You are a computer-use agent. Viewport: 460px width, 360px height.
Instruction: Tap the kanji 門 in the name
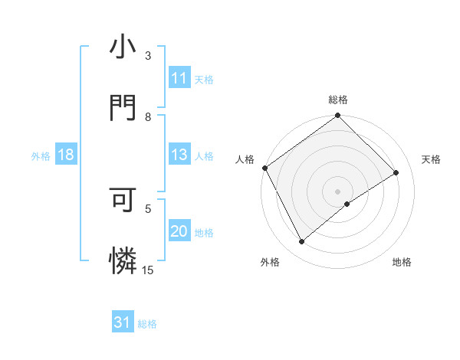tap(123, 107)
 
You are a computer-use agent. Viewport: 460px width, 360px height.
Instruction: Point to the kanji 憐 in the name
tap(123, 260)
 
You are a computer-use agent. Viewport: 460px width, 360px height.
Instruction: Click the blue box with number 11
tap(179, 78)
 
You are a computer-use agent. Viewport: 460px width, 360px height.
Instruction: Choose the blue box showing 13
tap(179, 155)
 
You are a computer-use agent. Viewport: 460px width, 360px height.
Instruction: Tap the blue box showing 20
tap(179, 232)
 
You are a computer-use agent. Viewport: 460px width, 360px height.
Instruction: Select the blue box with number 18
tap(66, 155)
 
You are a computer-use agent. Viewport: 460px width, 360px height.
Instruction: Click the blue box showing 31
tap(123, 322)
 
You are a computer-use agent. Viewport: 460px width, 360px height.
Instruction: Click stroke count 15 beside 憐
tap(148, 269)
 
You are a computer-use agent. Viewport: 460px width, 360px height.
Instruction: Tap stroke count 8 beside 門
tap(148, 117)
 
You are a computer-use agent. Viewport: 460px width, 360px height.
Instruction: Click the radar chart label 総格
tap(338, 100)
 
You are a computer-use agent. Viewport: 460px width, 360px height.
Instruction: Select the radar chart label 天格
tap(432, 159)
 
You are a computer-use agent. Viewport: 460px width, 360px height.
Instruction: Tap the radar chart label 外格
tap(270, 263)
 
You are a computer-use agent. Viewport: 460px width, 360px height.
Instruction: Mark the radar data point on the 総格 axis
tap(338, 116)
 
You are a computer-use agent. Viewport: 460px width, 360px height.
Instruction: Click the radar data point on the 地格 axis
tap(347, 204)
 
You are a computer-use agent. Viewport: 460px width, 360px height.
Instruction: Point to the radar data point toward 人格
tap(264, 168)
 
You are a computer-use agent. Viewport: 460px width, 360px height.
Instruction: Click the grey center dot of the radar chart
tap(338, 191)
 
